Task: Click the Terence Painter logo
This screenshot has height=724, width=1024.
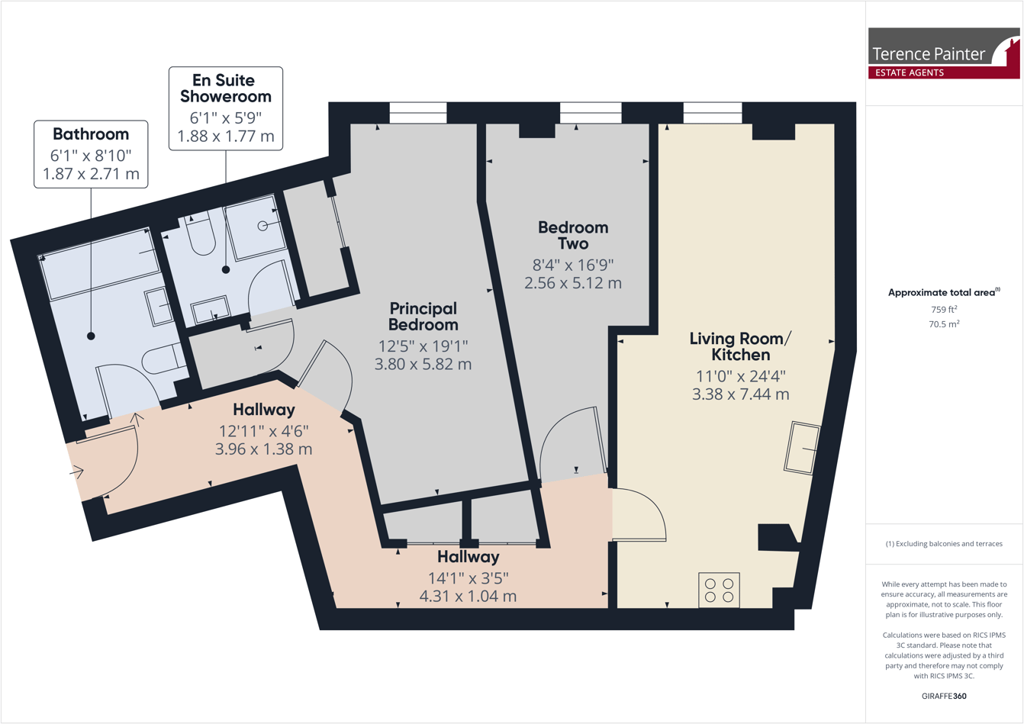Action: [x=944, y=53]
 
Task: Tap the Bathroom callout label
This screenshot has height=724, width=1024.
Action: [x=91, y=134]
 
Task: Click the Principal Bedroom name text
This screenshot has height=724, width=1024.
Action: [x=423, y=317]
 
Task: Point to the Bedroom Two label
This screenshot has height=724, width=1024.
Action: [x=573, y=235]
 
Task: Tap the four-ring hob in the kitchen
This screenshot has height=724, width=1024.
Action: [x=719, y=590]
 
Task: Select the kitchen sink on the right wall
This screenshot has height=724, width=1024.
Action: [x=801, y=448]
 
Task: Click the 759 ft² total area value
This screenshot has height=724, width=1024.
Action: [x=944, y=310]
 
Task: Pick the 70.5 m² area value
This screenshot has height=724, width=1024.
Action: [x=944, y=324]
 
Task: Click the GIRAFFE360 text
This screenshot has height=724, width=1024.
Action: [x=944, y=696]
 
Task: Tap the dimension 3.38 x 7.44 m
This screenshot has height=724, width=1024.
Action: [x=740, y=394]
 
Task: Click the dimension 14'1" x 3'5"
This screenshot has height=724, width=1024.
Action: [x=468, y=578]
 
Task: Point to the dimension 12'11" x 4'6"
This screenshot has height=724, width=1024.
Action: [x=263, y=431]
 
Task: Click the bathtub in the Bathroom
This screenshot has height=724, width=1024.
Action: [x=99, y=264]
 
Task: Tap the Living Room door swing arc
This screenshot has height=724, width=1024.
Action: [x=641, y=515]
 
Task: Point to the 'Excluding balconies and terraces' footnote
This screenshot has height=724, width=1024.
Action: [x=944, y=544]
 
